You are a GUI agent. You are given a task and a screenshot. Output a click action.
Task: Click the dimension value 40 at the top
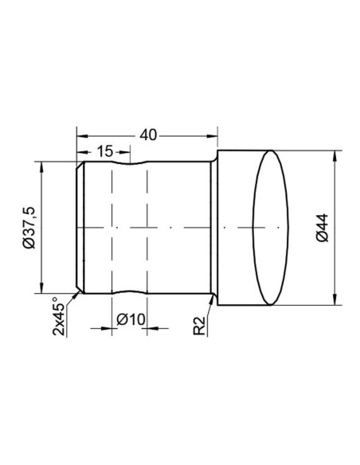(x=147, y=135)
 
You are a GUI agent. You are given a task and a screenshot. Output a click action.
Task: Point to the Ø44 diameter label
(x=322, y=228)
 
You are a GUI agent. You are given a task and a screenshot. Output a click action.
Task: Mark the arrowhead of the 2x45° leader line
(x=77, y=291)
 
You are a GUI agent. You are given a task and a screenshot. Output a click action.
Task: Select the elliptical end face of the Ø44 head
(x=272, y=228)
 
